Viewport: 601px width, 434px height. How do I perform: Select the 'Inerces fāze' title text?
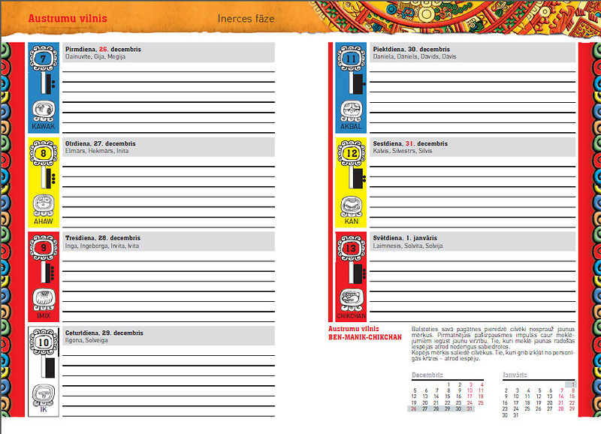click(x=246, y=17)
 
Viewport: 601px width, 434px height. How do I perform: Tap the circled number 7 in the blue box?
click(x=44, y=59)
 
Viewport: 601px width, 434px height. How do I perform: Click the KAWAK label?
click(x=44, y=127)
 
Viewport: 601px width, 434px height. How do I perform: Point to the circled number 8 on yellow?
click(x=44, y=154)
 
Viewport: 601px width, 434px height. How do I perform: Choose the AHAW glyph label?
click(x=44, y=222)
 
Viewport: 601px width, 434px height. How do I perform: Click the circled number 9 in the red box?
click(x=44, y=248)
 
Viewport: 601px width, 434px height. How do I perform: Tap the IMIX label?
click(x=44, y=316)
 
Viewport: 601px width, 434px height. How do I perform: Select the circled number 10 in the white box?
click(x=44, y=342)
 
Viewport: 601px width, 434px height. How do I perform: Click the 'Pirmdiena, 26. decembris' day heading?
click(x=103, y=50)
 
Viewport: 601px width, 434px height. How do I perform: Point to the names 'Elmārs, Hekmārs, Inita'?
click(x=97, y=151)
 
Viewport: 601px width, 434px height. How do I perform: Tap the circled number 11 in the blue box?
click(x=351, y=59)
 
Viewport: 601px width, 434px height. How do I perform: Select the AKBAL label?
click(x=351, y=127)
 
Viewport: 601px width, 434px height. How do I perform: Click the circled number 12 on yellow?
click(x=351, y=154)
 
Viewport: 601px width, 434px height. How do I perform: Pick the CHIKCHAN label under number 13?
click(x=351, y=317)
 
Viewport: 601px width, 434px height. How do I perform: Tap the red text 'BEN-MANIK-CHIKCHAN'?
click(x=365, y=336)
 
